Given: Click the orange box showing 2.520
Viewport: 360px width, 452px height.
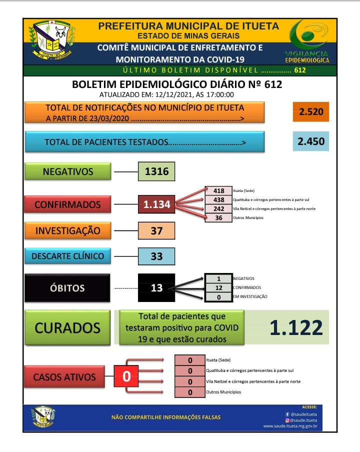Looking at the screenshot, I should tap(310, 111).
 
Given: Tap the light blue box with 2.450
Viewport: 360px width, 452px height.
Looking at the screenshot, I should tap(310, 141).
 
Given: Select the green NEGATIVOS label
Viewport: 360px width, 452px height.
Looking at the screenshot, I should tap(67, 171).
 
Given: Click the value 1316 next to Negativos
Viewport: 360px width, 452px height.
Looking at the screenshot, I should tap(157, 171).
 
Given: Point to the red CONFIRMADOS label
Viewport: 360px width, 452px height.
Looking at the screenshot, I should tap(67, 204).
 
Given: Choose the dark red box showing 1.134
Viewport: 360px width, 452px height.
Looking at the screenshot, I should tap(157, 204).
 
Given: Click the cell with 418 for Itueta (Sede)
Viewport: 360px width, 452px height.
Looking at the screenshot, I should tap(218, 190).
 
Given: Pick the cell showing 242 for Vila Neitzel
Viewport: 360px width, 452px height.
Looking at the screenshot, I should tap(218, 208).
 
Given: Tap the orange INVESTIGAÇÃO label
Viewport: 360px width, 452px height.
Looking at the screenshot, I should tap(67, 230).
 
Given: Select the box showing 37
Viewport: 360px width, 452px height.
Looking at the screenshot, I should tap(157, 230).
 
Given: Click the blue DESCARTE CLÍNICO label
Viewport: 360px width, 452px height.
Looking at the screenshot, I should tap(67, 256).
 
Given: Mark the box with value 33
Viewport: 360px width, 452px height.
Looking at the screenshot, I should tap(157, 256).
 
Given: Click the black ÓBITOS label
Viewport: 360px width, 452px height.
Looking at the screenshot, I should tap(67, 288).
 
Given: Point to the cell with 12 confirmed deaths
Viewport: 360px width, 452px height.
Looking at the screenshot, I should tap(218, 287).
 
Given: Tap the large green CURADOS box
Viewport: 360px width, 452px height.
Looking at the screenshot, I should tap(67, 328).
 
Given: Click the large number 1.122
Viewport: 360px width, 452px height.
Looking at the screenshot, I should tap(296, 328).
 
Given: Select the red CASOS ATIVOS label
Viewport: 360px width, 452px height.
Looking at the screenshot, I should tap(64, 376).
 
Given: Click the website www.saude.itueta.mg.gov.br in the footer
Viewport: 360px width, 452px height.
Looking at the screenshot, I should tap(290, 426).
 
